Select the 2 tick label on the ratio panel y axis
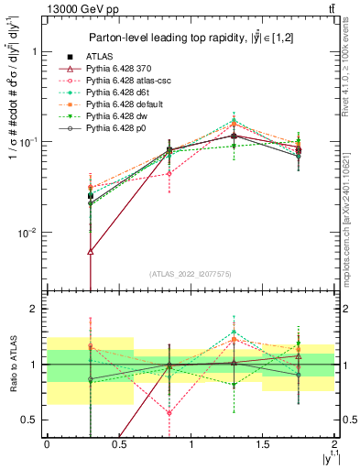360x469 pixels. click(x=34, y=310)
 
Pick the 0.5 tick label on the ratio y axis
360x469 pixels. click(x=29, y=420)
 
